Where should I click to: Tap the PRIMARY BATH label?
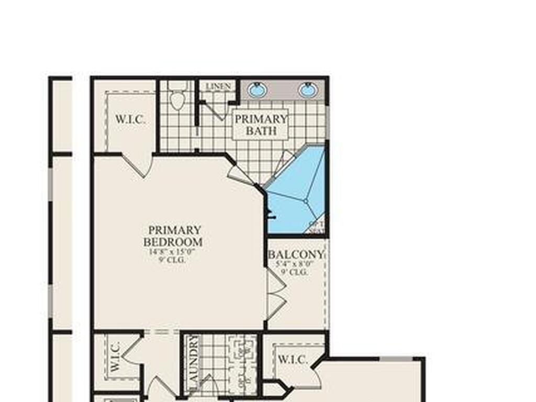pos(261,125)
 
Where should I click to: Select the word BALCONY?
pos(296,255)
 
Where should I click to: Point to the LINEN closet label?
pos(218,86)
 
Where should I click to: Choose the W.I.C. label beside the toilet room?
pos(130,119)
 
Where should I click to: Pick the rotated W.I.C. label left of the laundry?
pos(116,357)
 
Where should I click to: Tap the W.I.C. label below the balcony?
pos(293,360)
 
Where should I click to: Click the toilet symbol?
pos(178,97)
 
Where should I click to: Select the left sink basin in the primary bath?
pos(257,90)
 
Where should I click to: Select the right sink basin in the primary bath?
pos(308,90)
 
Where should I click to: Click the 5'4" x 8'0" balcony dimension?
pos(296,264)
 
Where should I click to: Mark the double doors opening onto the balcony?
pos(275,296)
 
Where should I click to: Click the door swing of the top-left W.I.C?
pos(137,165)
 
